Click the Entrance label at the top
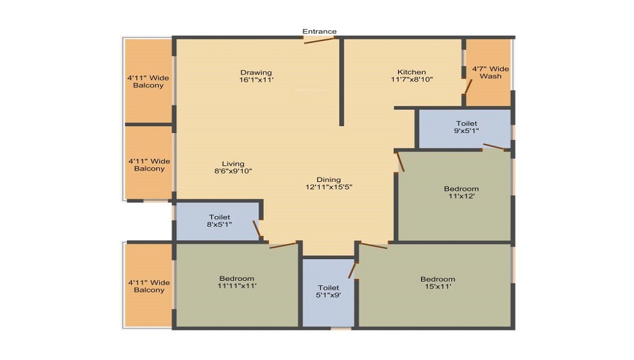320,31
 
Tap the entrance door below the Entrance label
320,40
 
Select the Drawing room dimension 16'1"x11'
256,80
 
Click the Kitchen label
411,72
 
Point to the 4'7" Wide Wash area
489,73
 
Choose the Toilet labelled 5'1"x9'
328,292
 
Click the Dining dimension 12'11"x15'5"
329,187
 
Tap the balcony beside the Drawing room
148,80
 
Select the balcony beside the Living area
148,163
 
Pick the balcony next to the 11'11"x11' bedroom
148,285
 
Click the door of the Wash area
469,86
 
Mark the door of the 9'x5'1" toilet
494,146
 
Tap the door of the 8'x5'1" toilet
257,229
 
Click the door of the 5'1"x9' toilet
352,270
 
